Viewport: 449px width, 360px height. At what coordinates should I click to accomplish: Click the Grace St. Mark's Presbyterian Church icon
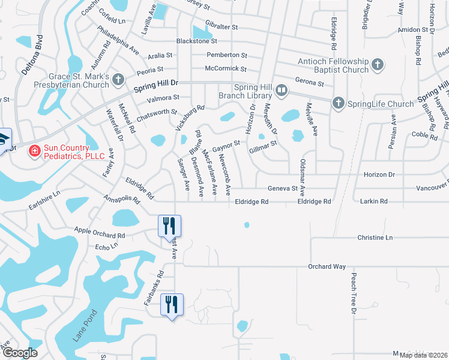click(x=119, y=79)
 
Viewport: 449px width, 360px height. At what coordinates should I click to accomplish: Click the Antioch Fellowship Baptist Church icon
click(x=378, y=64)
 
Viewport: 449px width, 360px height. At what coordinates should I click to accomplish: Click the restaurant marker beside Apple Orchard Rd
click(x=169, y=226)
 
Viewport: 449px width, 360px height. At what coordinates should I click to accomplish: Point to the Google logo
click(x=20, y=353)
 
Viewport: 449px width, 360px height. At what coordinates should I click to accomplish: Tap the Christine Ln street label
click(x=375, y=238)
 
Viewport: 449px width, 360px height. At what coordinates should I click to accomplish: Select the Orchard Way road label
click(x=327, y=266)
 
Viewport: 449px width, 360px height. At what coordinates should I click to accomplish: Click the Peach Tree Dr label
click(x=353, y=294)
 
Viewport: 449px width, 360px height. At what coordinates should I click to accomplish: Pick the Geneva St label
click(x=283, y=188)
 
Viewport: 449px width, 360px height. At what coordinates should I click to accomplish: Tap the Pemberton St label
click(x=223, y=55)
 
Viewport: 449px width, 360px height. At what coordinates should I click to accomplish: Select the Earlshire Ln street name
click(x=44, y=202)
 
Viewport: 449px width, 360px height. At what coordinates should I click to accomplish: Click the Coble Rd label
click(x=424, y=136)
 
